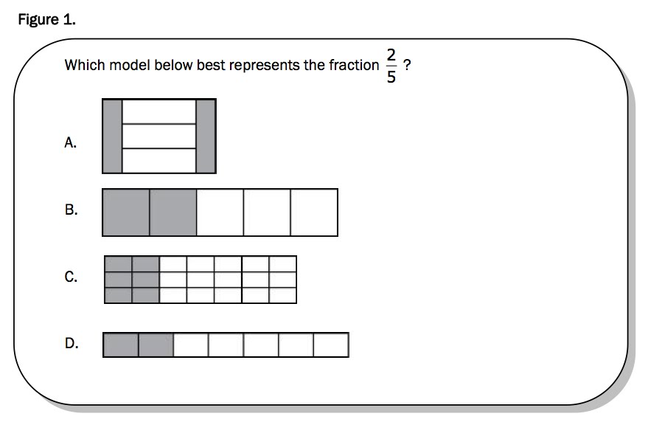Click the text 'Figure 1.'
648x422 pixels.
click(x=46, y=20)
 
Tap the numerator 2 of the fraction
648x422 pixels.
click(x=391, y=55)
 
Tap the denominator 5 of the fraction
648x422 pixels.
click(x=391, y=76)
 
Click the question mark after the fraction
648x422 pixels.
click(x=407, y=65)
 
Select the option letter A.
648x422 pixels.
click(x=71, y=142)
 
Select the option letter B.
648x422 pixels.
click(x=71, y=210)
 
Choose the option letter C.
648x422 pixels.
click(x=71, y=277)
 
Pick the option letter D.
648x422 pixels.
click(x=72, y=343)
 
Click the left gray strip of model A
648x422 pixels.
click(x=112, y=136)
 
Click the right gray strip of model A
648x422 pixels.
click(x=206, y=136)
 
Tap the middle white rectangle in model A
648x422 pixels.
click(x=158, y=136)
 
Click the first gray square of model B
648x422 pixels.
click(x=126, y=212)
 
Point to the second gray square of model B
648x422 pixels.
click(x=173, y=212)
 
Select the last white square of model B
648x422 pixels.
click(x=314, y=212)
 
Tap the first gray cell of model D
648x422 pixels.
click(x=121, y=345)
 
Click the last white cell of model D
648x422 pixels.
click(x=330, y=345)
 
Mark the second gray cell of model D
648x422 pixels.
click(x=156, y=345)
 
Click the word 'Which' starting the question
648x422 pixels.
click(x=85, y=65)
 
